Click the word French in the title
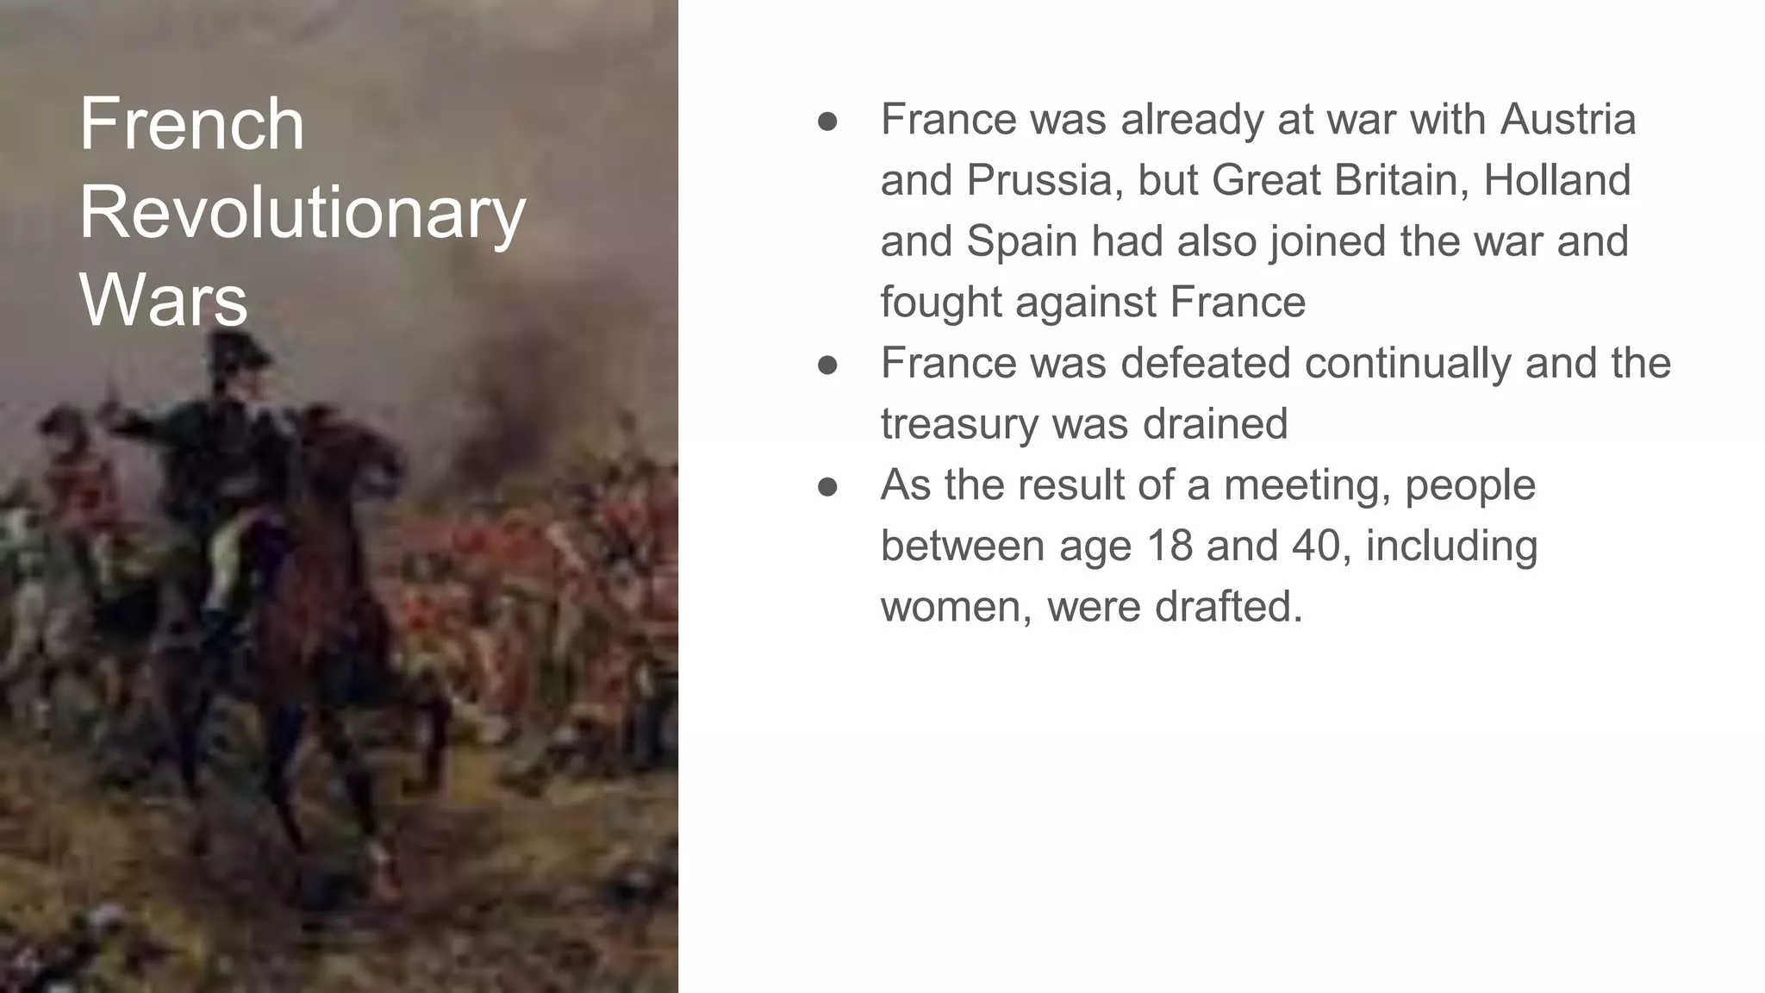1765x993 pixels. (x=191, y=125)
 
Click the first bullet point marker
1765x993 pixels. (x=827, y=122)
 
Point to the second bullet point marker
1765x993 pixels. (x=827, y=365)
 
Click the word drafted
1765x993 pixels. (x=1227, y=607)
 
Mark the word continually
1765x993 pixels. (x=1407, y=364)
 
